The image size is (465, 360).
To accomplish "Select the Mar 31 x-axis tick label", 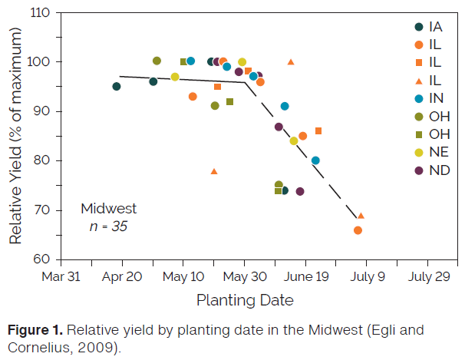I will [61, 276].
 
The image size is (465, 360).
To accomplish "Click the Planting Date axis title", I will [244, 299].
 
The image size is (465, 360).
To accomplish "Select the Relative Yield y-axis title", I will [15, 137].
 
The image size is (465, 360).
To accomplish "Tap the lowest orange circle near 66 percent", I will [358, 230].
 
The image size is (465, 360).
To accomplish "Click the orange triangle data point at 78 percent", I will [214, 171].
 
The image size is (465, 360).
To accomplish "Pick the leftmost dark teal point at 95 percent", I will [117, 86].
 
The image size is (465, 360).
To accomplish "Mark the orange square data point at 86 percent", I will [318, 131].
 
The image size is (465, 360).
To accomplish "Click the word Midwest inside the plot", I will [109, 208].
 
